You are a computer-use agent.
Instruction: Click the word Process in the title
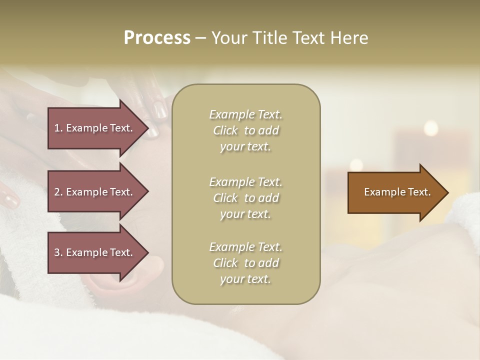pos(157,38)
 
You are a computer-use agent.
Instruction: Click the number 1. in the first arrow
pos(58,128)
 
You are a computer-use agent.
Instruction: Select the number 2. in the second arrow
pos(58,192)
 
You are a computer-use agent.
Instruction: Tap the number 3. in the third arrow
pos(58,252)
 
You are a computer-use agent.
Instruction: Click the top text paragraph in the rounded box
pos(245,130)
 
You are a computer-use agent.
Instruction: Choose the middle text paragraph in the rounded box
pos(245,198)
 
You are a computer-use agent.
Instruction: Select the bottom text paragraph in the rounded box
pos(245,263)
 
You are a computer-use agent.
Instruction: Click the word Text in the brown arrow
pos(419,192)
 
